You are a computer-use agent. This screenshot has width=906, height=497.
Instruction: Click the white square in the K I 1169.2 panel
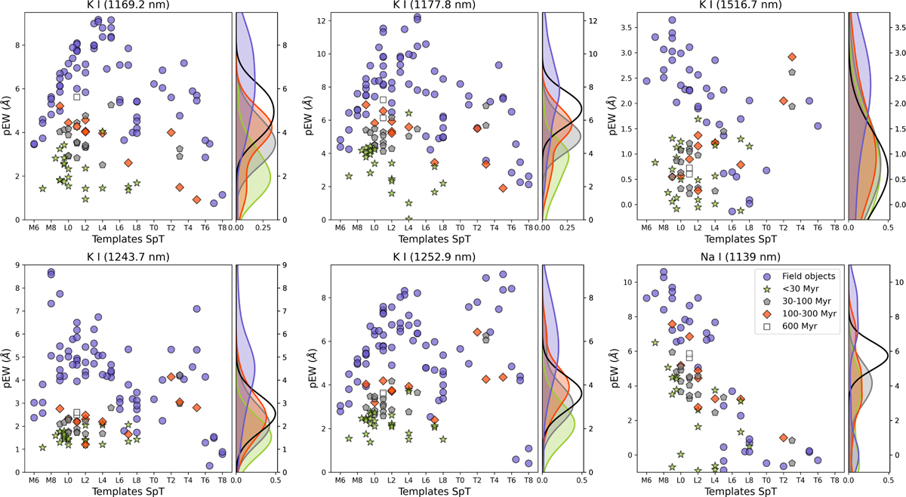coord(77,97)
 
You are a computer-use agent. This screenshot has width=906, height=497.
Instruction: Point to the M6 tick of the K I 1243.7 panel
coord(34,480)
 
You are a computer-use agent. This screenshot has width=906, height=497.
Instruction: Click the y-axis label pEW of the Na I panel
coord(618,369)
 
